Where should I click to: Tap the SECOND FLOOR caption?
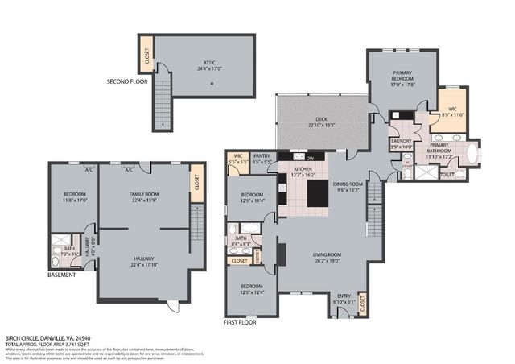(x=128, y=82)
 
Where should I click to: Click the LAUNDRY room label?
(x=400, y=143)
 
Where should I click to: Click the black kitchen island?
(x=317, y=193)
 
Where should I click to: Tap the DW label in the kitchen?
(x=310, y=158)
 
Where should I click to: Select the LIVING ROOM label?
(x=327, y=257)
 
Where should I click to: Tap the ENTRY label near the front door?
(x=344, y=299)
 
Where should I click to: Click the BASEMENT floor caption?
(x=61, y=275)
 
